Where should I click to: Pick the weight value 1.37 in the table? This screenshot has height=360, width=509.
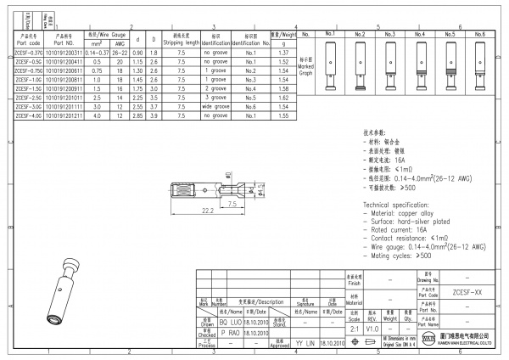pyautogui.click(x=284, y=53)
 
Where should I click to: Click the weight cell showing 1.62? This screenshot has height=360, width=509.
pyautogui.click(x=284, y=97)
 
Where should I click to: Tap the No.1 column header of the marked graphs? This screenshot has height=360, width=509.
pyautogui.click(x=331, y=34)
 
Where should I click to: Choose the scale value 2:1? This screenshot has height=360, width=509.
pyautogui.click(x=354, y=328)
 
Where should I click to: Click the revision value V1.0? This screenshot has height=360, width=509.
pyautogui.click(x=372, y=328)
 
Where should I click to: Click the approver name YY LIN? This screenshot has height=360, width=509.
pyautogui.click(x=305, y=342)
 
